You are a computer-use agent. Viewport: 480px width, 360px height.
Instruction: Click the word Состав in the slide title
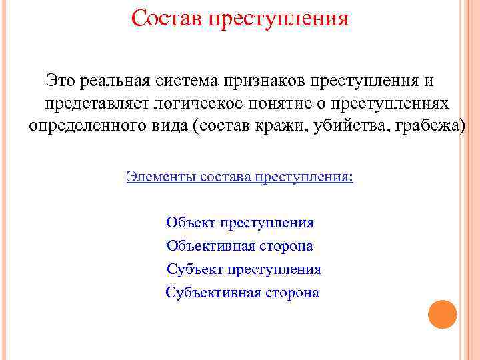pos(166,17)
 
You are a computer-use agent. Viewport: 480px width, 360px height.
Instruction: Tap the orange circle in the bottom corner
pos(442,314)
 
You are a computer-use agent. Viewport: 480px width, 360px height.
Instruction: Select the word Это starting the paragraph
pos(61,81)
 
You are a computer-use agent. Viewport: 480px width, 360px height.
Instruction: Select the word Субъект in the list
pos(195,269)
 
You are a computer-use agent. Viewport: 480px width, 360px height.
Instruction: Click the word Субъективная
pos(213,292)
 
